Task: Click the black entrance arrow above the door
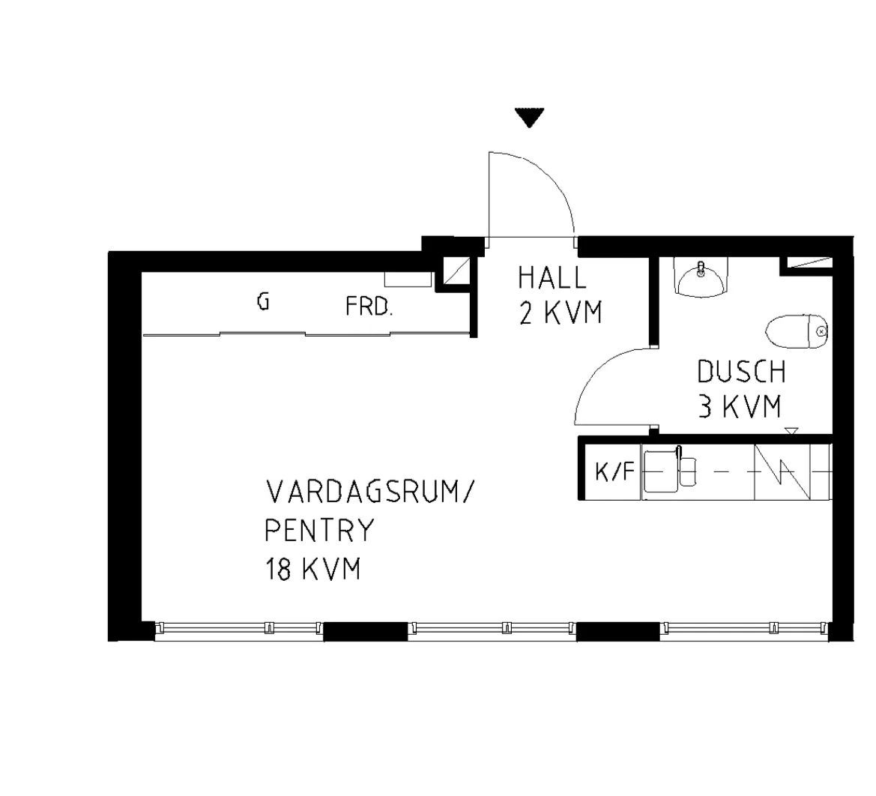click(x=530, y=117)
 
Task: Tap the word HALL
click(x=552, y=278)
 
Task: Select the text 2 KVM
click(x=561, y=313)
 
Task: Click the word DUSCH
click(x=742, y=372)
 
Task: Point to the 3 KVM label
click(x=740, y=407)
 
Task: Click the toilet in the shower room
click(x=796, y=331)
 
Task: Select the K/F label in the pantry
click(x=614, y=472)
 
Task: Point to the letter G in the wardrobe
click(x=263, y=302)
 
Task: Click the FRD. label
click(x=369, y=307)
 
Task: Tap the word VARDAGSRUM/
click(x=369, y=492)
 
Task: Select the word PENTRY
click(x=319, y=531)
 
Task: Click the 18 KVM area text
click(x=313, y=570)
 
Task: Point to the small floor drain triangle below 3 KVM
click(x=791, y=430)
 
